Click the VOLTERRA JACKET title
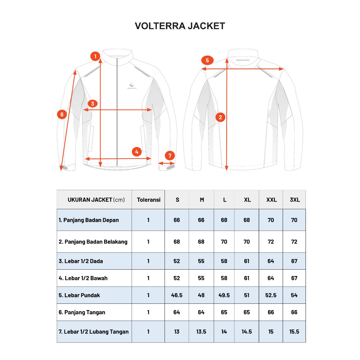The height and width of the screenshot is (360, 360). [180, 26]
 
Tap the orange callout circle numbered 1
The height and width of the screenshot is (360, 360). [95, 56]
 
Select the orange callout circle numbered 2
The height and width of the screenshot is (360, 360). [220, 117]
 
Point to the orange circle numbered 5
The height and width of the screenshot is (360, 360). [207, 60]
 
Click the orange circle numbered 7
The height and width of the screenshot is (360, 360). [170, 156]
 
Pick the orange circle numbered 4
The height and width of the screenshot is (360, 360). [137, 152]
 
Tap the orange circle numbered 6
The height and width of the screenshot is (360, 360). [62, 114]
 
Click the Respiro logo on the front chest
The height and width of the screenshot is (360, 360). [132, 86]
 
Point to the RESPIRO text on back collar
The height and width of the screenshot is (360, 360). [243, 60]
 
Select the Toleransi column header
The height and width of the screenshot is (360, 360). [149, 200]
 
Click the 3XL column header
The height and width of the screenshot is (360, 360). [295, 200]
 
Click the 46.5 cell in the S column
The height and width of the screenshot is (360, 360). [176, 295]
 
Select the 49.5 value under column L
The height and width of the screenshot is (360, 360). [224, 295]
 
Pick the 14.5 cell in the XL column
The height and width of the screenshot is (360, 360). [246, 332]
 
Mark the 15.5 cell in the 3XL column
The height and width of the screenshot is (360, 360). [294, 332]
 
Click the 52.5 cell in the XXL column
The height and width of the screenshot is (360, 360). [271, 295]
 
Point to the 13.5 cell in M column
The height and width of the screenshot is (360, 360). [201, 332]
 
